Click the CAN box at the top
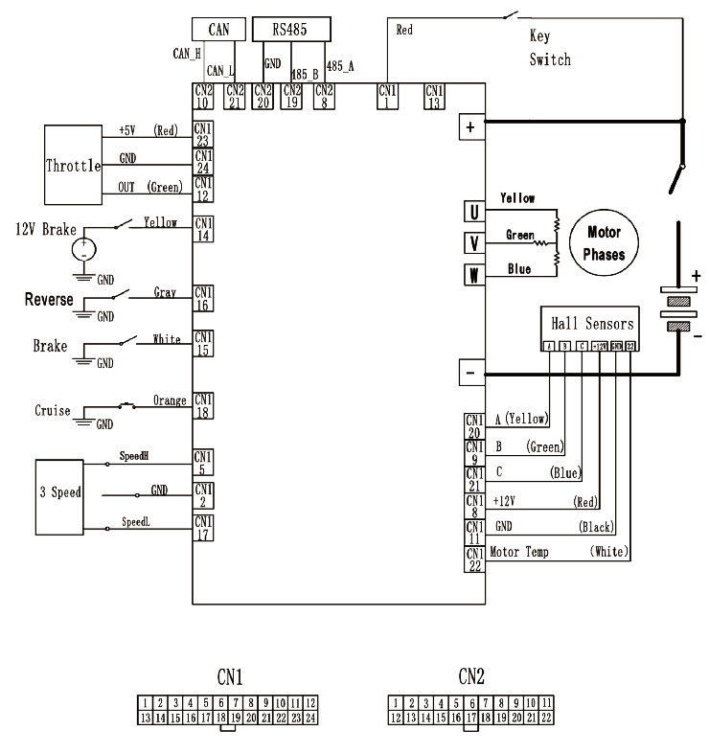pos(218,30)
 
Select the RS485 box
pos(291,30)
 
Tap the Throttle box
pos(73,165)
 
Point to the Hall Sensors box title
pos(586,324)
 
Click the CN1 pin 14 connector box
pos(203,227)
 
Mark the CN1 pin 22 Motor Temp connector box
pos(474,559)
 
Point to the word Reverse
pos(49,300)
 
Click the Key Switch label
pos(550,48)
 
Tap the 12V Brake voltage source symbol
pos(85,249)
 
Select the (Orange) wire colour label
pos(170,401)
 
